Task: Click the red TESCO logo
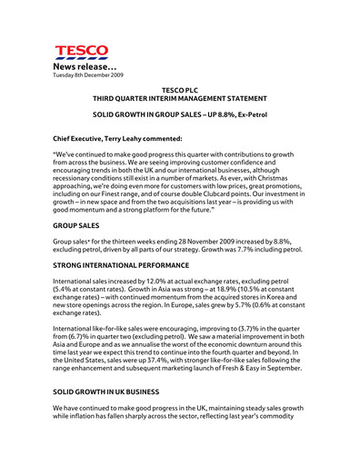click(81, 53)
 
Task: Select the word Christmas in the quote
click(285, 175)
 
